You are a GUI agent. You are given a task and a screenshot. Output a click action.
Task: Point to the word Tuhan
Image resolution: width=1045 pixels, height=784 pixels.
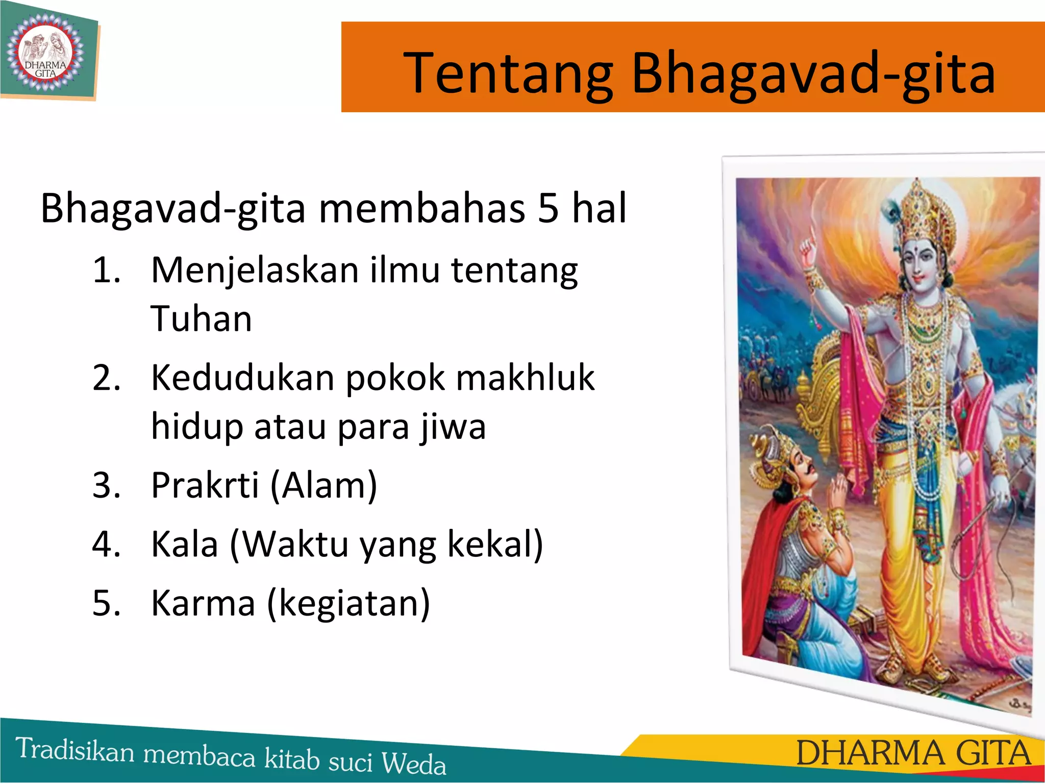[x=201, y=319]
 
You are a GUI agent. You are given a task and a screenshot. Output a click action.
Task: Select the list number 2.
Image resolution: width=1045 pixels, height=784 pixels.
[x=106, y=378]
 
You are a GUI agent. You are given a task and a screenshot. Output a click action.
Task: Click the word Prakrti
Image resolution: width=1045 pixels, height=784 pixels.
[x=205, y=485]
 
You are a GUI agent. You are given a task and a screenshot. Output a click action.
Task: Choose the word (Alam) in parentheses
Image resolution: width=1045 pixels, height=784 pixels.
[x=324, y=485]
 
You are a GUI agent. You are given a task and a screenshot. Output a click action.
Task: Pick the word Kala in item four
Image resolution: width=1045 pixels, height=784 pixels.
[x=185, y=544]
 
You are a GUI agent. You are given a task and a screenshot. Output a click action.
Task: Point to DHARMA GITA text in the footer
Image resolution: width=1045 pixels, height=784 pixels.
[x=913, y=753]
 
